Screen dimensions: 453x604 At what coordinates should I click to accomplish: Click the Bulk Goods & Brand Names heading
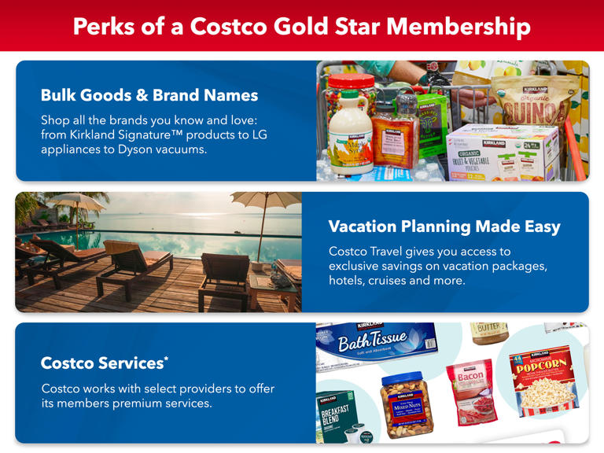click(x=149, y=95)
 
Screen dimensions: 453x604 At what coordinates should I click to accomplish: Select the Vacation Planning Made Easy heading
click(x=444, y=226)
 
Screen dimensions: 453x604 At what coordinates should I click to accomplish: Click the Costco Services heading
click(x=101, y=363)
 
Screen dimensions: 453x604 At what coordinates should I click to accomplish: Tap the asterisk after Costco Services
click(x=166, y=359)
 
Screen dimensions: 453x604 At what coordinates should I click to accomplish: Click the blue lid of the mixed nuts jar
click(x=407, y=377)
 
